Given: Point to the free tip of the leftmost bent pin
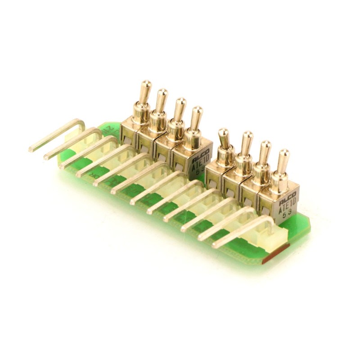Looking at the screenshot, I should click(x=31, y=148).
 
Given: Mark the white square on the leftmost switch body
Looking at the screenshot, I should click(x=128, y=140).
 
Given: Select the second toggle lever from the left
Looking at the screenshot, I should click(x=161, y=102).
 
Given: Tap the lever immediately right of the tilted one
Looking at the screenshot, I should click(x=246, y=144).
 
